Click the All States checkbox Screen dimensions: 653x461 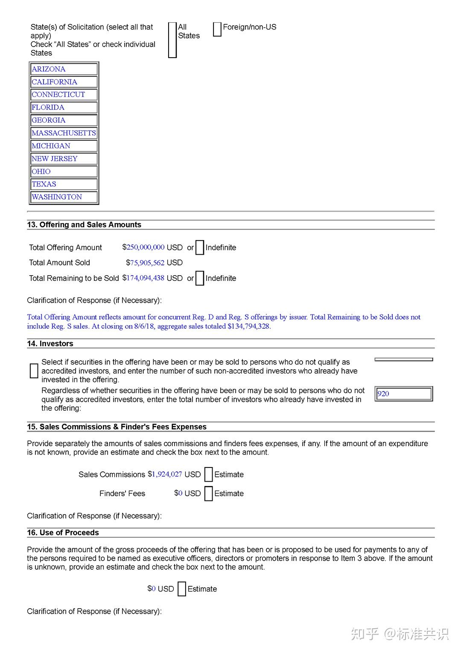click(x=172, y=40)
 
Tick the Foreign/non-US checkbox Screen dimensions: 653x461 click(x=217, y=29)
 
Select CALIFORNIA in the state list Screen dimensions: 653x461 click(x=55, y=82)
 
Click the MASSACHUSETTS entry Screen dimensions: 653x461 click(x=64, y=133)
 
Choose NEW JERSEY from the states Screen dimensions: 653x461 click(x=55, y=159)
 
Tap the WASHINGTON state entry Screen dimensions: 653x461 click(x=57, y=197)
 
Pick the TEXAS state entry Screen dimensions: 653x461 click(x=44, y=184)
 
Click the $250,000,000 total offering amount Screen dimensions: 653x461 click(x=145, y=247)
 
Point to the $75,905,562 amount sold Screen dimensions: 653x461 click(x=147, y=262)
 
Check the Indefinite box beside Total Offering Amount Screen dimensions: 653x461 click(x=200, y=247)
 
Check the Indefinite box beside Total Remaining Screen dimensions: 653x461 click(x=200, y=278)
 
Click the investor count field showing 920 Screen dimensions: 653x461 click(x=403, y=394)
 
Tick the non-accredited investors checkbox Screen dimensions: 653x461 click(x=34, y=371)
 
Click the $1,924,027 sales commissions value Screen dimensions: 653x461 click(x=166, y=474)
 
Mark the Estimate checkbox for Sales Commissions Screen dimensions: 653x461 click(x=208, y=474)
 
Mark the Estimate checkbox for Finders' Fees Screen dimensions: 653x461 click(x=208, y=493)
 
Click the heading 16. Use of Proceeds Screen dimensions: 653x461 click(x=63, y=532)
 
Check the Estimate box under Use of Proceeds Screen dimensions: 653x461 click(x=182, y=589)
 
